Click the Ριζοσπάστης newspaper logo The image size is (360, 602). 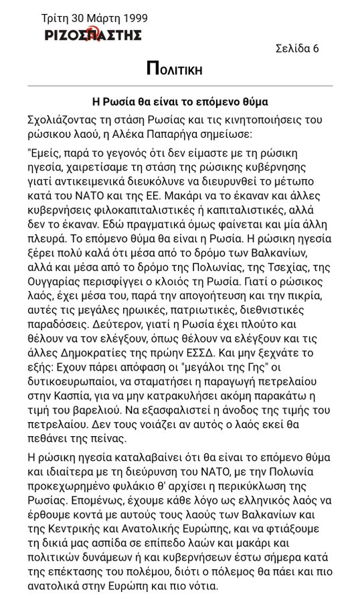(93, 35)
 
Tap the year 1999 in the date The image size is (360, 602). (134, 18)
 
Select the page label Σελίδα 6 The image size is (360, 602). (297, 48)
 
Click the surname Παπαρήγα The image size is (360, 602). (218, 133)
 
